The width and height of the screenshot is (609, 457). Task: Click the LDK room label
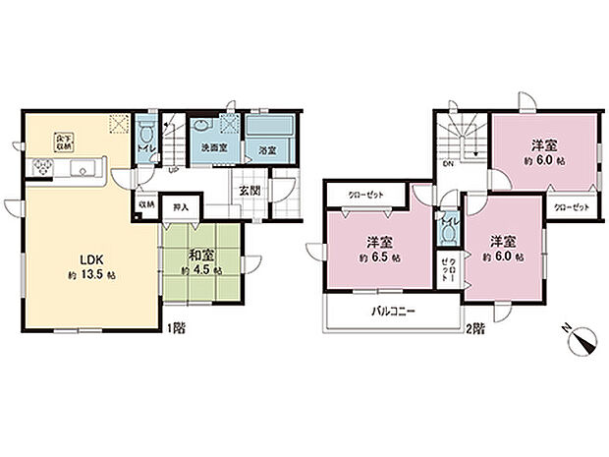pyautogui.click(x=78, y=258)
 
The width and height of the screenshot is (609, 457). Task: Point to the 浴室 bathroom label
pyautogui.click(x=265, y=150)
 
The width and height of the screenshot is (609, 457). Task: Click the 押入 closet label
pyautogui.click(x=180, y=207)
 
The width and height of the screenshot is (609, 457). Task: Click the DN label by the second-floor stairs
pyautogui.click(x=447, y=165)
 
